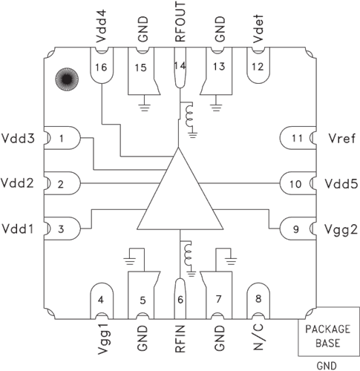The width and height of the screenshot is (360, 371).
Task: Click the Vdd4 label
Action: pos(102,24)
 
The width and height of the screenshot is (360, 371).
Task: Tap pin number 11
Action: pos(297,138)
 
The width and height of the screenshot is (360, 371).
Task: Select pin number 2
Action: pos(62,183)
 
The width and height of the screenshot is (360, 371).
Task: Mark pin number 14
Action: pos(179,67)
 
